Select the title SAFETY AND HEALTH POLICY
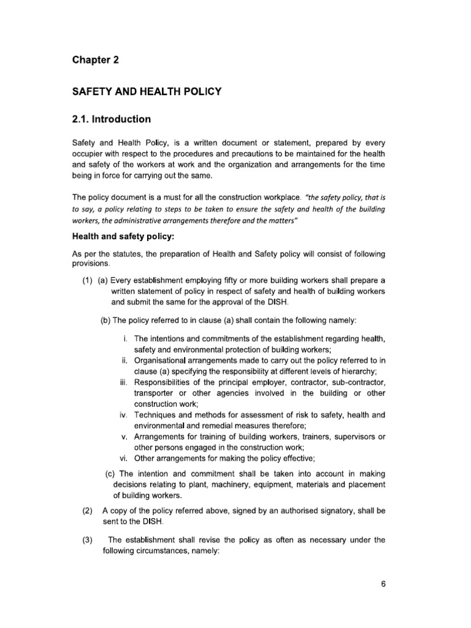147,92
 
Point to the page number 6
383,584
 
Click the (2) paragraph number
87,510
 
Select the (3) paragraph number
87,540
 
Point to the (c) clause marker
110,474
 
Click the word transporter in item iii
155,393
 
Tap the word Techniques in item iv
157,415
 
